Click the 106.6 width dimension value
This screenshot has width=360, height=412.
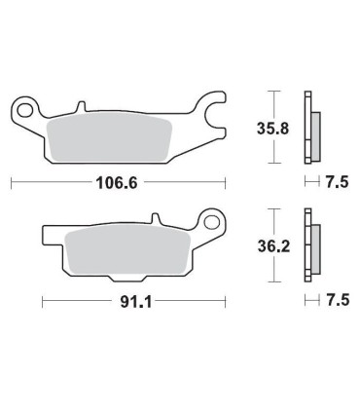tap(117, 183)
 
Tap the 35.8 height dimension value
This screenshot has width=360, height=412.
tap(272, 129)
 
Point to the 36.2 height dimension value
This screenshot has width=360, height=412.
tap(273, 247)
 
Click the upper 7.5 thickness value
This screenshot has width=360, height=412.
tap(338, 182)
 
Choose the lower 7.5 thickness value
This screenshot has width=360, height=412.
tap(338, 300)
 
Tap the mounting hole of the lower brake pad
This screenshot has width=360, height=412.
tap(211, 223)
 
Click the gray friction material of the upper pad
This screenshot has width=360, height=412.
tap(109, 136)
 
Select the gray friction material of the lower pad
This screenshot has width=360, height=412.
tap(127, 249)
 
